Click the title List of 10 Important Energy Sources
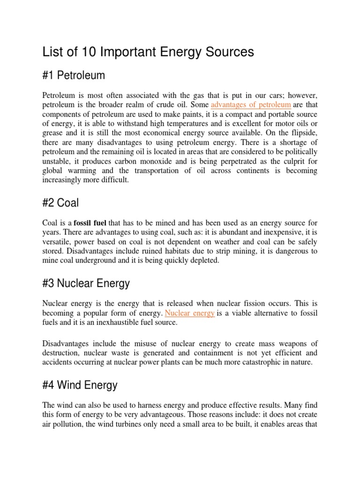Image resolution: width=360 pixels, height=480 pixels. [x=148, y=52]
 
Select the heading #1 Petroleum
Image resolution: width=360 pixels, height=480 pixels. [x=74, y=75]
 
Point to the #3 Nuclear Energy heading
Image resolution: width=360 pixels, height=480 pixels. [x=86, y=283]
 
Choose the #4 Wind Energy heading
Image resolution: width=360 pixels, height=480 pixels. [x=80, y=385]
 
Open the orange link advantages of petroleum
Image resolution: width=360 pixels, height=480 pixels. [x=251, y=104]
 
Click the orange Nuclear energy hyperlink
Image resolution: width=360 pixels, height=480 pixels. [x=190, y=313]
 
